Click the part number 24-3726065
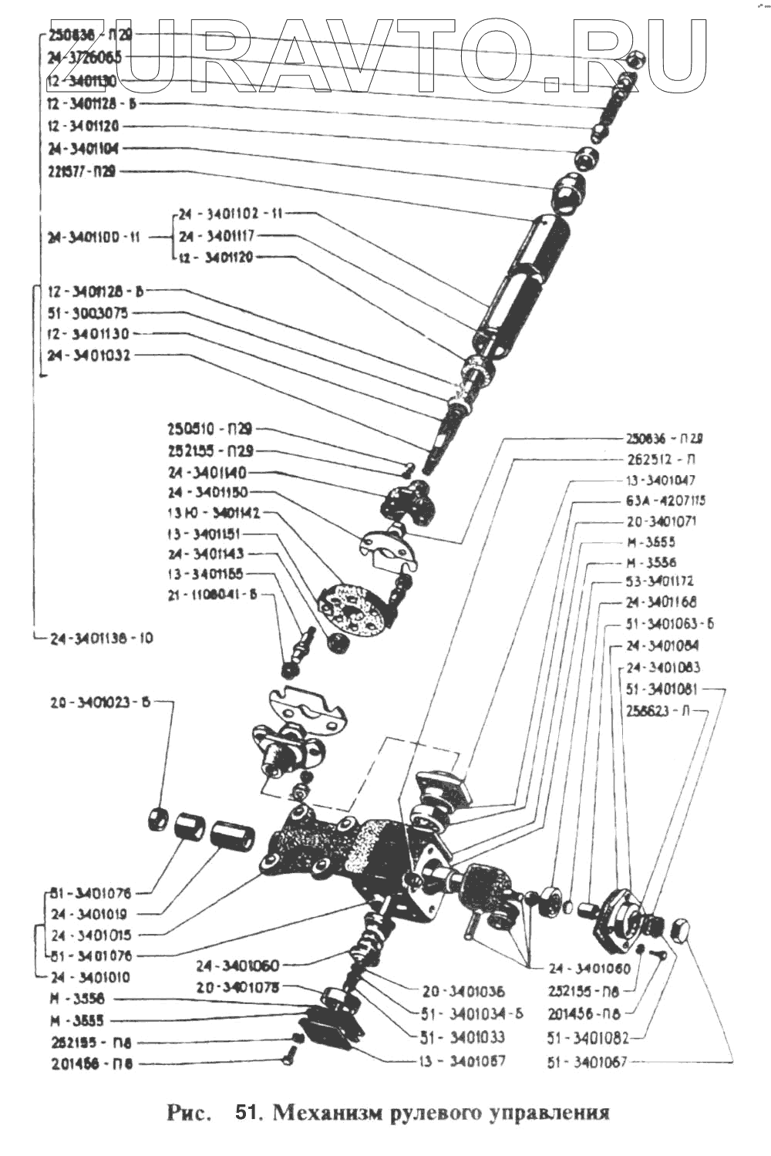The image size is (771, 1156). (x=84, y=57)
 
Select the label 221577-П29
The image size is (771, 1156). (x=81, y=171)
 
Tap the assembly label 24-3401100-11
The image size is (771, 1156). (x=93, y=237)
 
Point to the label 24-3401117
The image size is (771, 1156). (x=217, y=235)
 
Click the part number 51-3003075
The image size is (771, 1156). (x=87, y=312)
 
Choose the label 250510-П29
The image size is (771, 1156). (x=210, y=428)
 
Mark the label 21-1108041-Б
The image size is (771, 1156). (x=211, y=595)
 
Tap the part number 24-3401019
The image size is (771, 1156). (x=89, y=914)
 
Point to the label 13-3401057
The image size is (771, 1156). (x=463, y=1060)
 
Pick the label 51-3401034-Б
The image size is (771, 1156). (x=473, y=1013)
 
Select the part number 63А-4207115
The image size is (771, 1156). (x=665, y=500)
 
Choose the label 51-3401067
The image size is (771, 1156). (x=588, y=1061)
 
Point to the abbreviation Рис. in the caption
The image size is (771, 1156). (x=188, y=1113)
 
